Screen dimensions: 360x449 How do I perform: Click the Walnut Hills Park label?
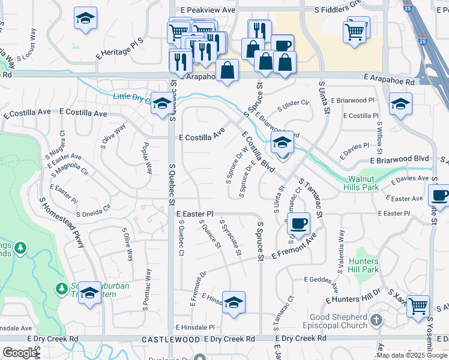point(362,183)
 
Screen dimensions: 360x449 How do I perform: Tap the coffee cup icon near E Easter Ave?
point(439,195)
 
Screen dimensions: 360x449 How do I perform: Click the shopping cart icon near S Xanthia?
point(418,305)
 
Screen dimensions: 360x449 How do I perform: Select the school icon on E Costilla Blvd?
point(281,143)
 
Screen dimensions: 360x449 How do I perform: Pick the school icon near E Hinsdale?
point(234,301)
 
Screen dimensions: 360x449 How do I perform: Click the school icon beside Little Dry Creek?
point(161,103)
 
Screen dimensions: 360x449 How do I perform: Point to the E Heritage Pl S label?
point(121,52)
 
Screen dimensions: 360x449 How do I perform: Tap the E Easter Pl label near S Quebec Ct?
point(194,214)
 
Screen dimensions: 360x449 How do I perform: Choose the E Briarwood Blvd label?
point(399,160)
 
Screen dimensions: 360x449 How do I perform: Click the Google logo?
point(20,353)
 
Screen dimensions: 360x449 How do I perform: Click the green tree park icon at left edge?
point(20,247)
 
